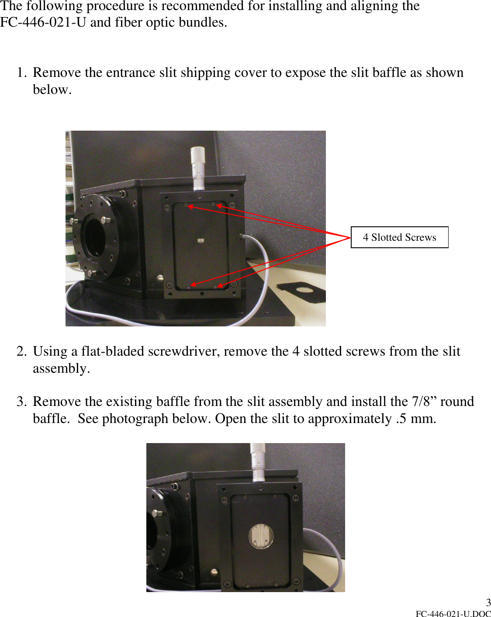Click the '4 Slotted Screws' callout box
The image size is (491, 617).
[x=399, y=237]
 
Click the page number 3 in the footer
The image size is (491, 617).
[x=488, y=603]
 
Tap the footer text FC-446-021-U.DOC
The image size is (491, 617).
[x=453, y=614]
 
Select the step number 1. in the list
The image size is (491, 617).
[x=22, y=73]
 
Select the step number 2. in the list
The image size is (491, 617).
[x=22, y=351]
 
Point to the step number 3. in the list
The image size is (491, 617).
[x=22, y=402]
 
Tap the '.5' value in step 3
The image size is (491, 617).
[x=401, y=419]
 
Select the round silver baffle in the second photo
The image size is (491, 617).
[x=261, y=536]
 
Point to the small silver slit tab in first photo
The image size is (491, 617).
[x=201, y=240]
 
